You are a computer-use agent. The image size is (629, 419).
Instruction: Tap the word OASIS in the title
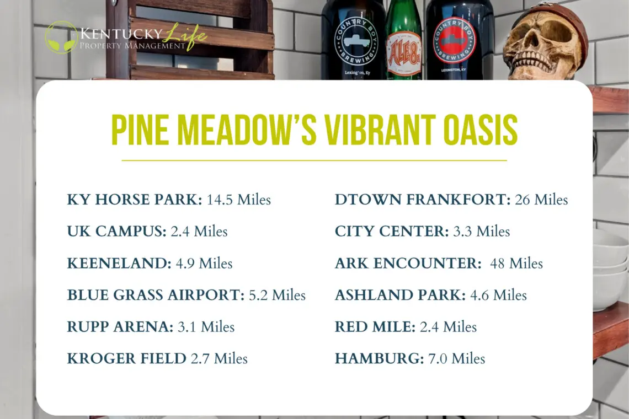(x=481, y=130)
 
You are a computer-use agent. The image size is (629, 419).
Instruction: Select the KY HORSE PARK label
(x=135, y=199)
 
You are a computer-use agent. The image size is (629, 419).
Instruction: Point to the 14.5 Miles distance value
(x=239, y=199)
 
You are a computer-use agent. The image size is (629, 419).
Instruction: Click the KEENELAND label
(x=119, y=263)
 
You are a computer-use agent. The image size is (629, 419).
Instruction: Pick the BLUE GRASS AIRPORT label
(x=156, y=295)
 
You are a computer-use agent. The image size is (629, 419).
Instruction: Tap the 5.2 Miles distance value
(x=277, y=295)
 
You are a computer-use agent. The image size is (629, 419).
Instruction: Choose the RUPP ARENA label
(x=120, y=326)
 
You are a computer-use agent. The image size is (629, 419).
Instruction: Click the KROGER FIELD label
(x=126, y=358)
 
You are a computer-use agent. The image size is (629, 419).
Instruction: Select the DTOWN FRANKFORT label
(x=423, y=199)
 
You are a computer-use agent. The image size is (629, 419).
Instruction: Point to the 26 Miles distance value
(x=541, y=199)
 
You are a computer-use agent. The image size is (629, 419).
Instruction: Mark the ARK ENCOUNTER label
(x=408, y=263)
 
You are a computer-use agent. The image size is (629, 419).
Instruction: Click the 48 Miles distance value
(x=516, y=263)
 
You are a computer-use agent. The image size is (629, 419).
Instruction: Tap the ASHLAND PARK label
(x=401, y=295)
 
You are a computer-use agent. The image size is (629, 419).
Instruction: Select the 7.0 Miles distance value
(x=456, y=358)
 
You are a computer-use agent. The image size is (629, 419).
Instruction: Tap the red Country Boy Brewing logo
(x=454, y=40)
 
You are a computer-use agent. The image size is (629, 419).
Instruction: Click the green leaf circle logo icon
(x=61, y=37)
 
